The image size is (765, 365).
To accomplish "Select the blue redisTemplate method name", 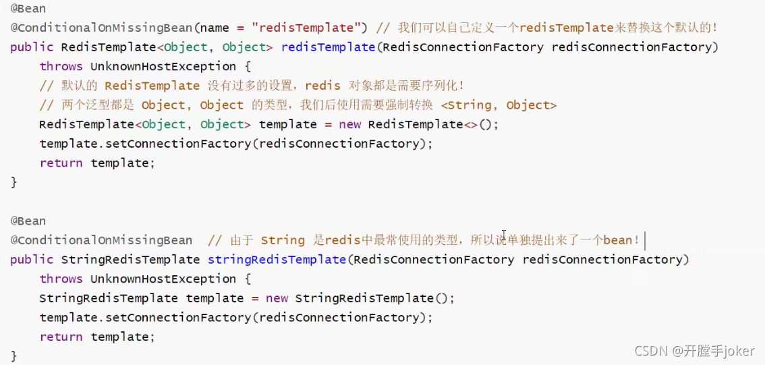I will (x=328, y=47).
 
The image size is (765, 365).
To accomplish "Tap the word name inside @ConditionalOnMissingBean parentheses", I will (x=215, y=28).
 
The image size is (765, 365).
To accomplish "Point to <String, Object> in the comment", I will (x=499, y=105).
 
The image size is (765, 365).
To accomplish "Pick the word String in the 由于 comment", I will (x=283, y=240).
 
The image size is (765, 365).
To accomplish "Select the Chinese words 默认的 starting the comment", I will (x=78, y=86).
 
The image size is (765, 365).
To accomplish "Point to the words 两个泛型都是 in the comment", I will (x=95, y=105).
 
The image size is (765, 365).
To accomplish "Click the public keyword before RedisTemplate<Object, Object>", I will (x=32, y=47).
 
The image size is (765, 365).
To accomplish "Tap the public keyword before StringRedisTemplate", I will (x=32, y=260).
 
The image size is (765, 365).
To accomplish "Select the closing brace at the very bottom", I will (x=14, y=356).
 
